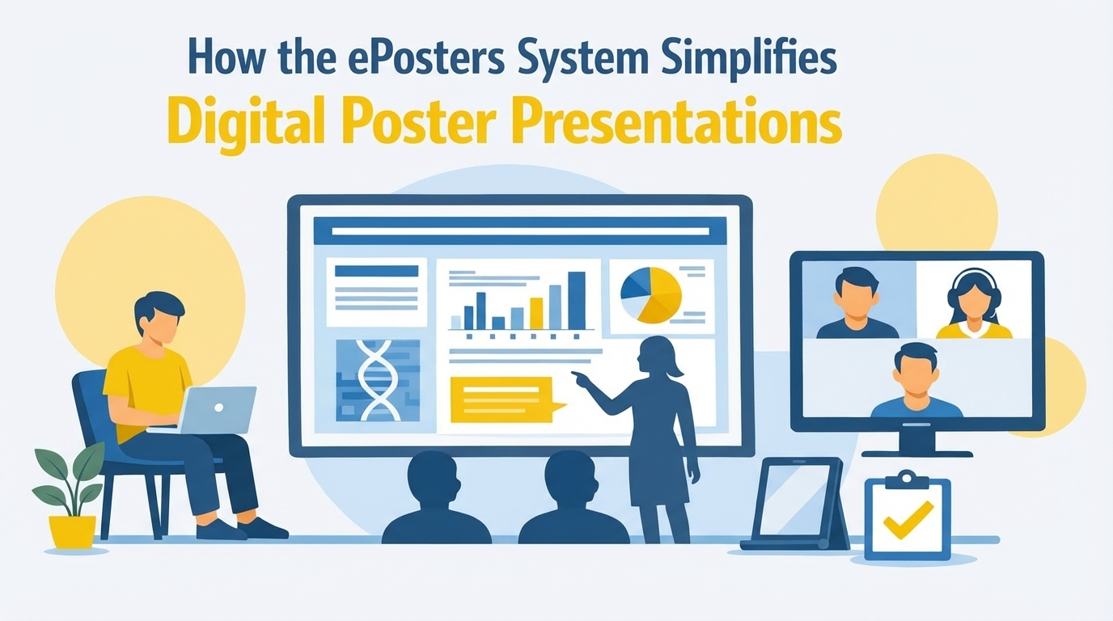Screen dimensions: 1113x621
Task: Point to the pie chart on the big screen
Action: pyautogui.click(x=651, y=295)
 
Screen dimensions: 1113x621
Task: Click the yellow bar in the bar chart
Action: pyautogui.click(x=536, y=313)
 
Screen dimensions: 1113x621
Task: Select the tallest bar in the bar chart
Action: pyautogui.click(x=577, y=301)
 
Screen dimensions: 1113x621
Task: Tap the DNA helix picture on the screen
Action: pyautogui.click(x=378, y=381)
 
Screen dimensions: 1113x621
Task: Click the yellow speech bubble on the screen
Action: pyautogui.click(x=506, y=400)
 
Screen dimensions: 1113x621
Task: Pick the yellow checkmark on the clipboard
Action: pyautogui.click(x=908, y=520)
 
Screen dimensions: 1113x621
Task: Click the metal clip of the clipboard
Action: pyautogui.click(x=907, y=479)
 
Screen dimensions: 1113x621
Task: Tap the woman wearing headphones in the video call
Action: pyautogui.click(x=974, y=303)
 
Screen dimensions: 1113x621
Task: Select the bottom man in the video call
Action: pyautogui.click(x=916, y=381)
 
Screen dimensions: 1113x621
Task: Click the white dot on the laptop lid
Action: pyautogui.click(x=218, y=408)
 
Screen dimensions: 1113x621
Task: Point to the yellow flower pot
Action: pyautogui.click(x=72, y=531)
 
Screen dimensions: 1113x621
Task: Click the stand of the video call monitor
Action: pyautogui.click(x=916, y=443)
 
